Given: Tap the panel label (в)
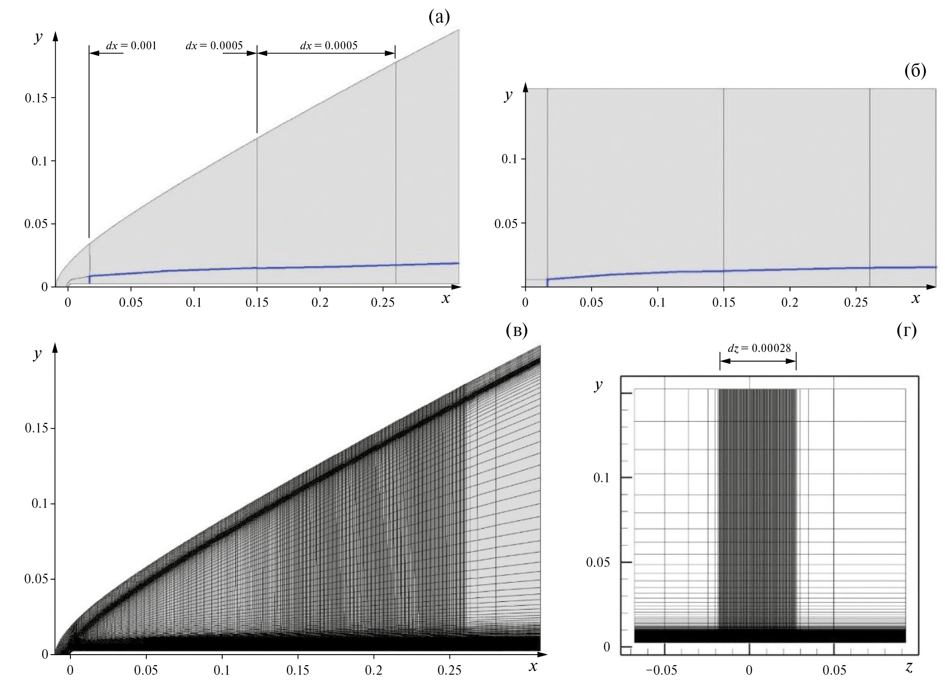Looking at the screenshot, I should tap(517, 331).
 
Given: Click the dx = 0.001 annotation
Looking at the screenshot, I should tap(131, 46).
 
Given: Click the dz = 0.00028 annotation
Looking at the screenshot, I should tap(758, 348).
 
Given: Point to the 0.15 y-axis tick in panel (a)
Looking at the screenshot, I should tap(36, 98).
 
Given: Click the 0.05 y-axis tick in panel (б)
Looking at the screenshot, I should tap(506, 224).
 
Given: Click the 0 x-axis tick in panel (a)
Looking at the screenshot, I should tap(68, 303).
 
